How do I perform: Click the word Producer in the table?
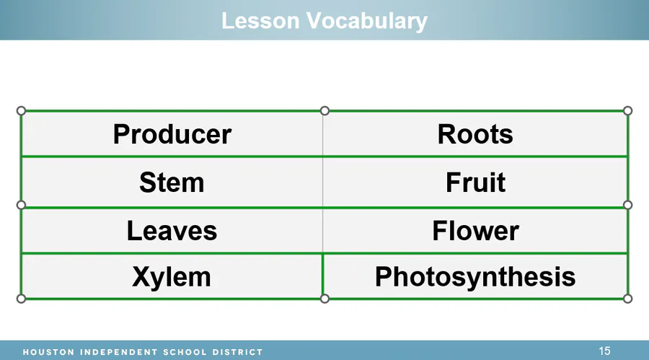[172, 134]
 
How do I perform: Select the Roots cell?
[475, 133]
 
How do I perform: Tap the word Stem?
[172, 183]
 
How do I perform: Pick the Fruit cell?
[475, 183]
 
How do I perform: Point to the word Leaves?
[172, 231]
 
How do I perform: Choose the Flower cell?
[475, 231]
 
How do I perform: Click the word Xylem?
[172, 277]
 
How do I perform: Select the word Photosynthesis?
[475, 277]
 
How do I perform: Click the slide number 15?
[604, 351]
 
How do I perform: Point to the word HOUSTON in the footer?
[48, 352]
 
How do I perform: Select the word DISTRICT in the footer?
[237, 352]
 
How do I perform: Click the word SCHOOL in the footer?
[185, 352]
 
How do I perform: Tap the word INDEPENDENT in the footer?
[119, 352]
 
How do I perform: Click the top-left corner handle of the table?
[21, 110]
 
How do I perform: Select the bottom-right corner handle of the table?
[627, 299]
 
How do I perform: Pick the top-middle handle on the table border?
[325, 110]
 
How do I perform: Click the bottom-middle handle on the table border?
[325, 299]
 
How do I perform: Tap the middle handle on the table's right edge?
[627, 205]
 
